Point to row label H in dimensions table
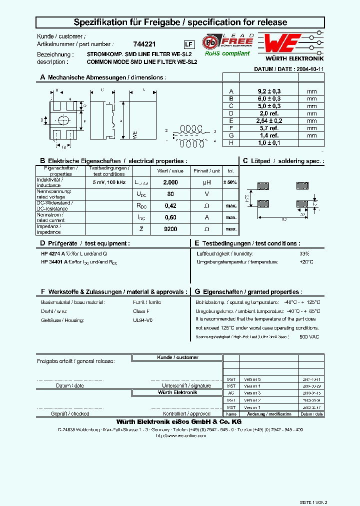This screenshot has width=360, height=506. (231, 142)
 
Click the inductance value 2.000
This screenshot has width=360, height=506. (170, 182)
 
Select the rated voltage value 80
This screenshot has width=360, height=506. (170, 193)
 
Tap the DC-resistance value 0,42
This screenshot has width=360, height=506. (170, 205)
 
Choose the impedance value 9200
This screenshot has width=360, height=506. (170, 228)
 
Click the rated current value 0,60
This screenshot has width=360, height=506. (170, 217)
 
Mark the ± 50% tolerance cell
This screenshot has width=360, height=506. (230, 182)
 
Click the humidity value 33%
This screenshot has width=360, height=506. (305, 253)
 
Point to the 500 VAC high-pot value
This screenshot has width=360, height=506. (309, 336)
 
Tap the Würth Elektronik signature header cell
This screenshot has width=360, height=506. (170, 392)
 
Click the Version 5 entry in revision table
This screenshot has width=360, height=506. (252, 379)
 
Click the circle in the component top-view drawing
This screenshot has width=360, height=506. (63, 120)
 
